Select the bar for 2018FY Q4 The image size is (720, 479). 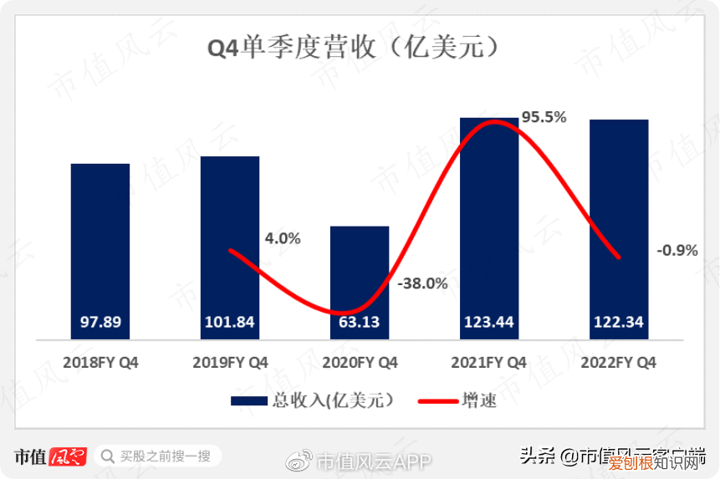[x=100, y=251]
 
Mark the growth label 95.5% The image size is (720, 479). [x=544, y=117]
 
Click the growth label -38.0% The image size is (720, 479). [x=422, y=283]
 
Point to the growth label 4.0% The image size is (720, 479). [x=283, y=238]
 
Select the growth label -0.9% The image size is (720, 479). [x=677, y=250]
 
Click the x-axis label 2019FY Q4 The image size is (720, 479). [x=230, y=363]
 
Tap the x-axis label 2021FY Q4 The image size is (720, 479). [x=489, y=363]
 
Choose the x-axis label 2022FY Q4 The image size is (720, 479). [x=619, y=363]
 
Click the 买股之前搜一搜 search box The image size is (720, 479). [x=158, y=456]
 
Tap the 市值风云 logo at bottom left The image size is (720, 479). [x=50, y=456]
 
